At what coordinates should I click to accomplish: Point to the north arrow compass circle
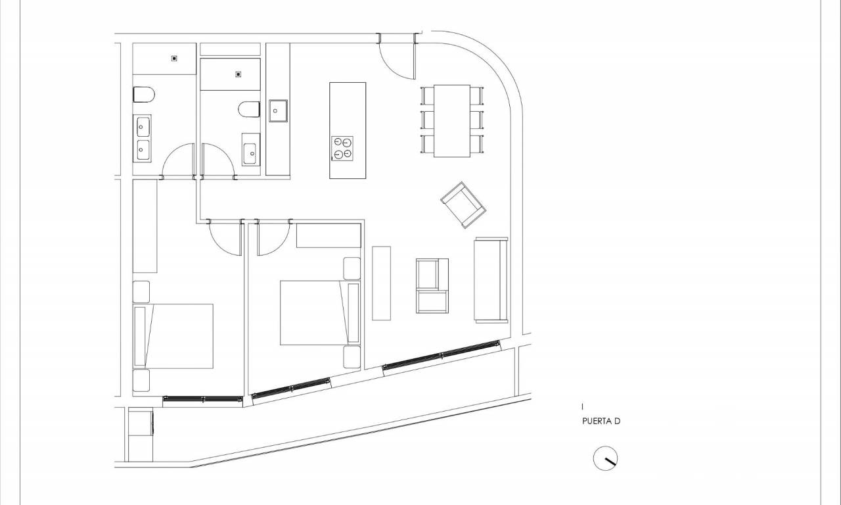click(x=605, y=458)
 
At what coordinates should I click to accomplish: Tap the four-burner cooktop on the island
click(x=342, y=149)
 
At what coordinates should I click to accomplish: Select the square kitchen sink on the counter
click(x=278, y=111)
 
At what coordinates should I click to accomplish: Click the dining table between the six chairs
click(x=452, y=121)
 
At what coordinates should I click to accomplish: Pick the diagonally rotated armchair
click(x=463, y=204)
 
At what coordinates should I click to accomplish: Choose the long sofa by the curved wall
click(x=491, y=280)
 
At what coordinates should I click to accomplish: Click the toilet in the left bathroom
click(x=144, y=95)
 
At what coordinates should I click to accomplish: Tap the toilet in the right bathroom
click(x=249, y=109)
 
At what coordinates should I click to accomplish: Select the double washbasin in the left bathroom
click(x=143, y=138)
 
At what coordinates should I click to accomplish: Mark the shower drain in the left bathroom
click(x=174, y=59)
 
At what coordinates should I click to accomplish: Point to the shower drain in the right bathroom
click(x=239, y=74)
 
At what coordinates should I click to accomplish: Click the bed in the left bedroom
click(x=173, y=336)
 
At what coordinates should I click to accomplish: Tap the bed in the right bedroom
click(x=320, y=312)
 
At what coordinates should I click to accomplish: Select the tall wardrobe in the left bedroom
click(x=145, y=226)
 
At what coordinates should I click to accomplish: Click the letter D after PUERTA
click(x=617, y=421)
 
